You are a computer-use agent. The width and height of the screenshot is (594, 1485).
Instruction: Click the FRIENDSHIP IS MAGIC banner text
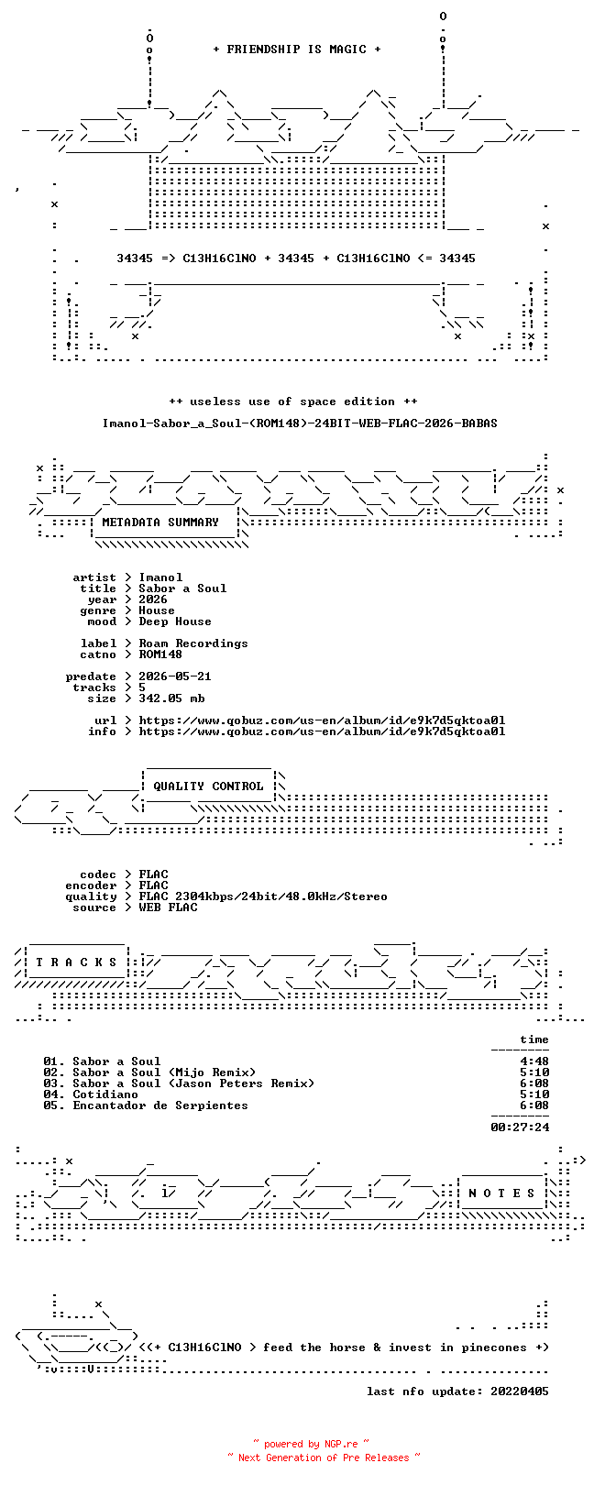point(296,49)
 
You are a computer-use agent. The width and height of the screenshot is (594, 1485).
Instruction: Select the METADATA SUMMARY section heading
point(160,522)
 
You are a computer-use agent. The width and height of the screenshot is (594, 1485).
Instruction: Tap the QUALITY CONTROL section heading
point(208,786)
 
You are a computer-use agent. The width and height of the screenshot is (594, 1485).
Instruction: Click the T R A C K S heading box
point(76,962)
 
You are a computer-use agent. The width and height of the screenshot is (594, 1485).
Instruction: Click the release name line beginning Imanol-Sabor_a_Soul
point(300,423)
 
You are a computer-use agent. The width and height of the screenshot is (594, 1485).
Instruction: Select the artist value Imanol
point(160,577)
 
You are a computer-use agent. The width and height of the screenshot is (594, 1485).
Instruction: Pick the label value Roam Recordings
point(192,643)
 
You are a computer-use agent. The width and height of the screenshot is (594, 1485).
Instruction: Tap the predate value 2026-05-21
point(175,676)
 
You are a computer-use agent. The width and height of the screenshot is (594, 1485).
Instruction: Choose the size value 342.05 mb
point(171,698)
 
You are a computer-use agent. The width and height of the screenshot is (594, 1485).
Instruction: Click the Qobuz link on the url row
point(322,720)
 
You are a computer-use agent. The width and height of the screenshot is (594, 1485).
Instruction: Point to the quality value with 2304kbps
point(263,896)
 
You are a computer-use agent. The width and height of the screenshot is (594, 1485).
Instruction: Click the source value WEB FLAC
point(168,907)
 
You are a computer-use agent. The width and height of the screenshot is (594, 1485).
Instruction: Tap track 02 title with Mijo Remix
point(164,1072)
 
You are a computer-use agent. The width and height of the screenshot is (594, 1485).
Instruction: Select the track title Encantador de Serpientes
point(160,1105)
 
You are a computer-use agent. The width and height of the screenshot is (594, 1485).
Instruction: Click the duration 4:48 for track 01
point(534,1061)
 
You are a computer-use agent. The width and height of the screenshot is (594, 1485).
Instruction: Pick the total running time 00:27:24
point(520,1127)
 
